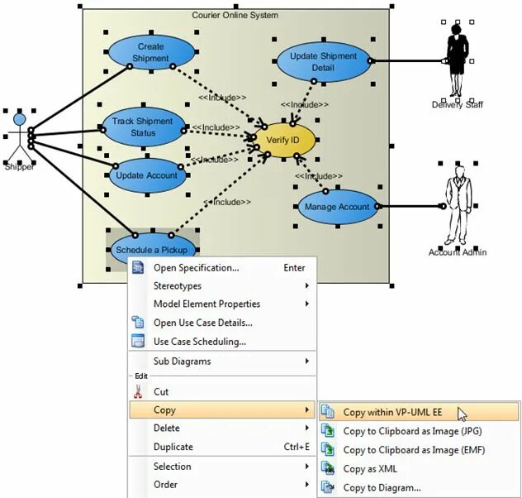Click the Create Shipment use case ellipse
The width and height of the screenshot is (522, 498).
pos(150,52)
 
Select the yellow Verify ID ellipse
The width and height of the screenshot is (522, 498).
pos(283,140)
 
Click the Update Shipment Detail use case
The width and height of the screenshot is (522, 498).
pos(323,61)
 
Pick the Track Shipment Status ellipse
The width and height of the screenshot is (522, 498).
pos(142,127)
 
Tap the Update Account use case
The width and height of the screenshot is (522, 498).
pos(146,175)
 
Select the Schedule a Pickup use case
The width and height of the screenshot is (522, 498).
pos(151,249)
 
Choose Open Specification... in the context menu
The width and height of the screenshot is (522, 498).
pos(196,267)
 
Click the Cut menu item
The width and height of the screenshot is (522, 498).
pos(161,391)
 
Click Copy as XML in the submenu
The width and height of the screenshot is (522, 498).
pos(369,469)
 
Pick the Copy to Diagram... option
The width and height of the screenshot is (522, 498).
pos(382,487)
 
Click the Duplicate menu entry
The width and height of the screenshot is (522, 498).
pos(173,447)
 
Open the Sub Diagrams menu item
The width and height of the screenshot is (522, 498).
pos(182,361)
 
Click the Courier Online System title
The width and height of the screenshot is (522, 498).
pos(235,15)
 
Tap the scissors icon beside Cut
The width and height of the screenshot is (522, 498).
pos(138,391)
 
